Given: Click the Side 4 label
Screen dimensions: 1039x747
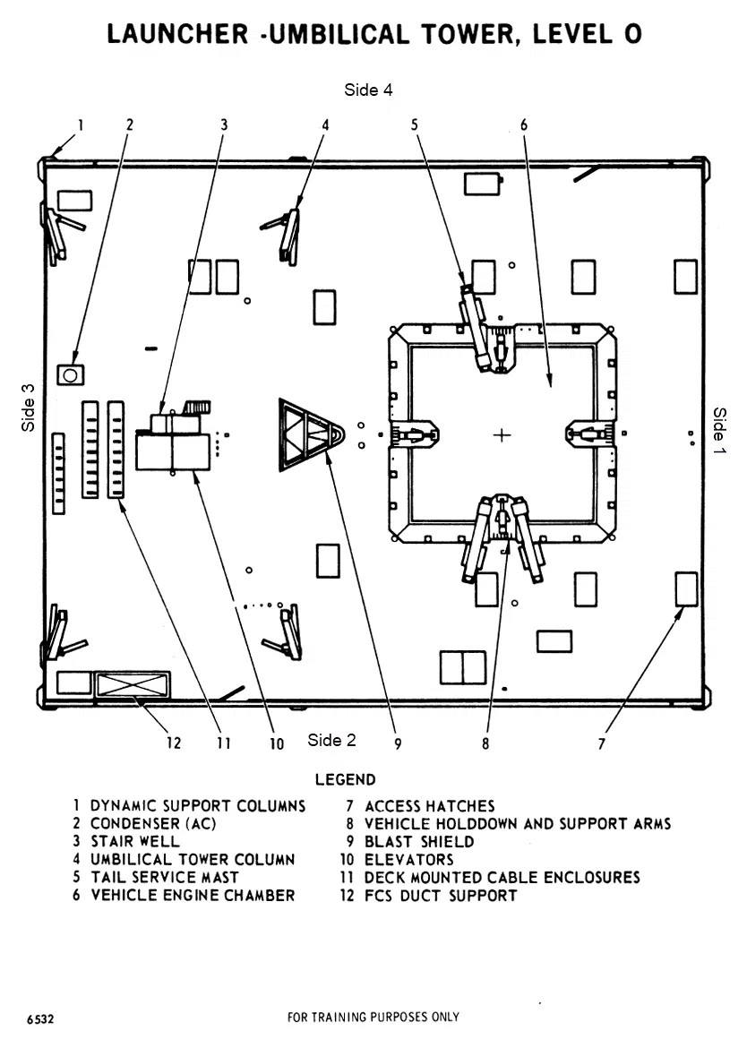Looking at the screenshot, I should coord(368,90).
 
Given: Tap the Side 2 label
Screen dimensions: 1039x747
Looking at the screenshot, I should coord(331,740).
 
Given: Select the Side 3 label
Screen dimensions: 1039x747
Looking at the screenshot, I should coord(29,408).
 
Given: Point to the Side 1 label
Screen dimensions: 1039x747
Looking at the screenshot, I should coord(719,430).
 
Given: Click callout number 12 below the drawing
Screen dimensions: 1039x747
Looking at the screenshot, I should coord(173,743).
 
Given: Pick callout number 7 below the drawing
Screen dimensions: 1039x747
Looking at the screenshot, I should coord(602,743).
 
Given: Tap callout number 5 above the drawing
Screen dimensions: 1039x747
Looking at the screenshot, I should coord(415,125).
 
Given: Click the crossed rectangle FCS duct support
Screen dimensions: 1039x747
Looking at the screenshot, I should coord(132,684).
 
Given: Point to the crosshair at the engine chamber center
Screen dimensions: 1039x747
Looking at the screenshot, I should coord(502,435).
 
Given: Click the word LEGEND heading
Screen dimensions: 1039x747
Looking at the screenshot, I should coord(345,780).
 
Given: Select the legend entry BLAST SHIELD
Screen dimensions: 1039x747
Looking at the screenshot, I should coord(419,842).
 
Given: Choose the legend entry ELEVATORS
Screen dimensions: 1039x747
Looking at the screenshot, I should coord(408,860).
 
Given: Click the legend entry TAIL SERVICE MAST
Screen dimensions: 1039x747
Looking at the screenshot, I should coord(164,878).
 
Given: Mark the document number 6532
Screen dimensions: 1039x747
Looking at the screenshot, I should coord(40,1019).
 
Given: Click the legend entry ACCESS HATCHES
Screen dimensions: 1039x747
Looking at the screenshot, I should coord(429,806).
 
